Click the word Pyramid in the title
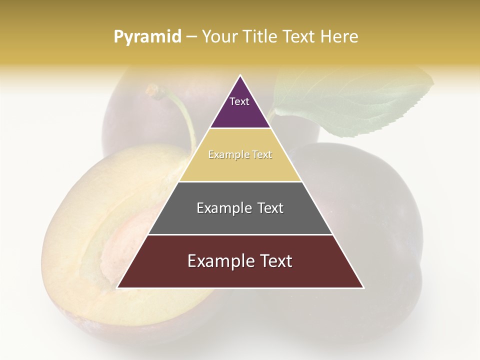147,37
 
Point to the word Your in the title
219,37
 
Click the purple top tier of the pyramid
240,112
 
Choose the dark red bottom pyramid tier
240,272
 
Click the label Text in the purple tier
239,101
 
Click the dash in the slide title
191,37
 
